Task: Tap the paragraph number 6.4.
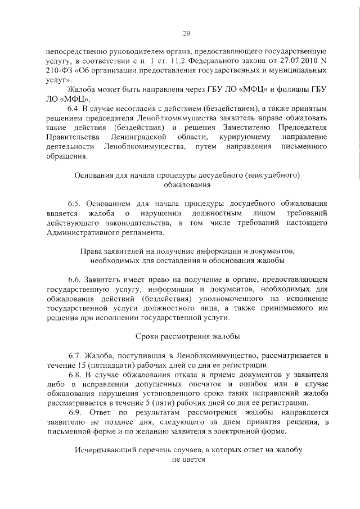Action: click(74, 107)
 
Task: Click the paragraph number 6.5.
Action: click(74, 204)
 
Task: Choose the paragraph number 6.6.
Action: click(74, 279)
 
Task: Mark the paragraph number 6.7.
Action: click(74, 356)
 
